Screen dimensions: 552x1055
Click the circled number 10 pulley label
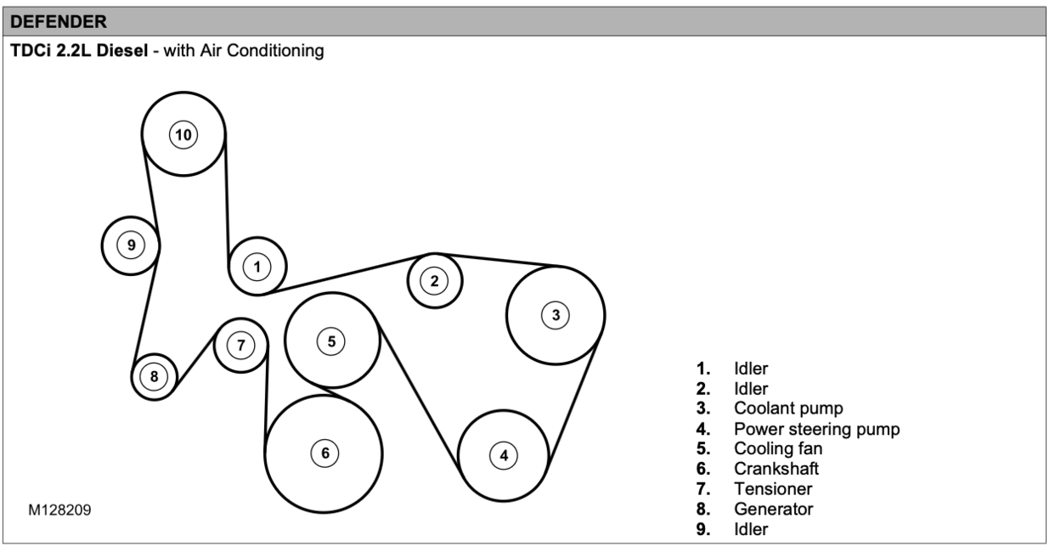click(183, 133)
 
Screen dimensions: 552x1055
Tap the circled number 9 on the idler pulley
click(131, 245)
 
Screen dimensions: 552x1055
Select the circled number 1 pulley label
click(257, 267)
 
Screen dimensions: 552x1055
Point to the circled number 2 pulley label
click(435, 280)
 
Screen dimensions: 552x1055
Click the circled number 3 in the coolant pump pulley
click(556, 315)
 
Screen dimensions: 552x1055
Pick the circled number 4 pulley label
click(504, 455)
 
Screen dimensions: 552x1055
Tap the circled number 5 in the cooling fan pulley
click(331, 341)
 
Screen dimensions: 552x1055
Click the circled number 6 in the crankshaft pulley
click(324, 453)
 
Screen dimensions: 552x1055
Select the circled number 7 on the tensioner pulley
click(241, 345)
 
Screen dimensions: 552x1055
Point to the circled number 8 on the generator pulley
click(154, 375)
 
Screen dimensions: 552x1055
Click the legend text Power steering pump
click(816, 429)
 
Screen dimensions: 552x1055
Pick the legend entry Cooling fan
click(778, 448)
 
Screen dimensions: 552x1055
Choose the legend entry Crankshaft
click(776, 469)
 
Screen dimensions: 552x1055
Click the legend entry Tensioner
click(773, 489)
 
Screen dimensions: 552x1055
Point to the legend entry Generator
click(773, 510)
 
